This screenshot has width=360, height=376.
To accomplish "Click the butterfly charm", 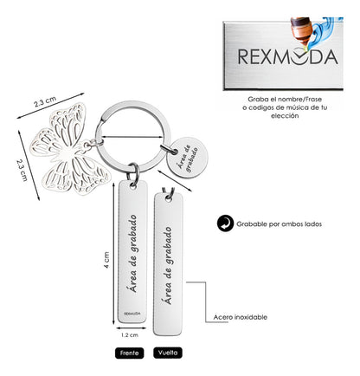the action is pyautogui.click(x=69, y=150).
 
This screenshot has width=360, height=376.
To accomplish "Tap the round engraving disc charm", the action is pyautogui.click(x=187, y=158).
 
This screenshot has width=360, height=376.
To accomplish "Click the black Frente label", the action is pyautogui.click(x=129, y=353).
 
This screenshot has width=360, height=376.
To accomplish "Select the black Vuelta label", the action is pyautogui.click(x=168, y=353).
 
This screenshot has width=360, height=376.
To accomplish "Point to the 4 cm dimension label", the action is pyautogui.click(x=106, y=260).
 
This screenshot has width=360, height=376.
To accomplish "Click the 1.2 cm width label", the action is pyautogui.click(x=130, y=335).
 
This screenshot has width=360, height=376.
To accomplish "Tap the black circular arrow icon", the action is pyautogui.click(x=225, y=224).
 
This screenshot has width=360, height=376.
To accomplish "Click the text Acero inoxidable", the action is pyautogui.click(x=241, y=317).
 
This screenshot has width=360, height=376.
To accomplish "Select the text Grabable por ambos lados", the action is pyautogui.click(x=279, y=224).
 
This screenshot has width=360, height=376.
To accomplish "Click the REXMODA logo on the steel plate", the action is pyautogui.click(x=287, y=56).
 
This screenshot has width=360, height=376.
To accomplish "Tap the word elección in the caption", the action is pyautogui.click(x=285, y=116).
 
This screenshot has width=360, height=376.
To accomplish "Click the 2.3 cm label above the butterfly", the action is pyautogui.click(x=45, y=102).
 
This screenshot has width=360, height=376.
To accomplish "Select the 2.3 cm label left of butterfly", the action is pyautogui.click(x=22, y=170).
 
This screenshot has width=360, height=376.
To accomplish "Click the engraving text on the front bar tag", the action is pyautogui.click(x=132, y=253).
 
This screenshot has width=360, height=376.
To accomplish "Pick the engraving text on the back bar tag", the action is pyautogui.click(x=168, y=266).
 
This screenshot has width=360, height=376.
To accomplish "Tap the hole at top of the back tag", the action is pyautogui.click(x=168, y=198).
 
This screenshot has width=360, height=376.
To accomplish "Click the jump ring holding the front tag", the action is pyautogui.click(x=134, y=172).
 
